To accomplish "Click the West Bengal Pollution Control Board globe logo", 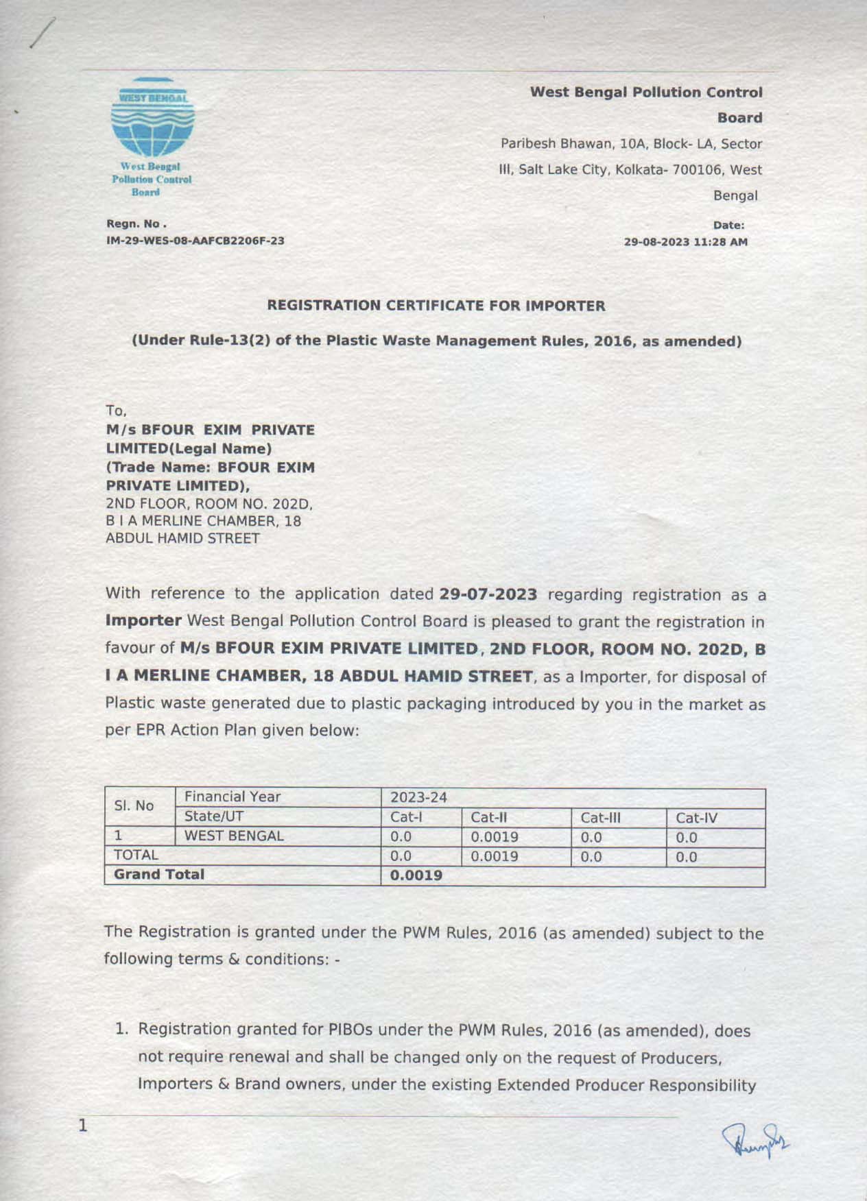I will (152, 118).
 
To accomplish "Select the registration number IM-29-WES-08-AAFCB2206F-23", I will (195, 241).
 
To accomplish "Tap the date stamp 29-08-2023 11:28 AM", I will (685, 242).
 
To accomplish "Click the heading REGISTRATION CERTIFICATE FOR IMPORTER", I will (436, 306).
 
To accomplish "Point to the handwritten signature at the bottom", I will (755, 1141).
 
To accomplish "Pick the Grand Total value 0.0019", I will (416, 875).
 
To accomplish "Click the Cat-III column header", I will (600, 818).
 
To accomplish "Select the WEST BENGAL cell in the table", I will (234, 836).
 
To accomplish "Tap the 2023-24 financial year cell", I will (418, 797).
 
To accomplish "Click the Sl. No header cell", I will (134, 806).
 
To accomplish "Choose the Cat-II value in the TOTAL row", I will (494, 856).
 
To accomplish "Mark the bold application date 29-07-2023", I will (488, 594).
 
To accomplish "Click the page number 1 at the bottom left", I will (83, 1126).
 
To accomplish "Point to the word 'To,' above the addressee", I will (116, 411).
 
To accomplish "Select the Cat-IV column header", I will (696, 818).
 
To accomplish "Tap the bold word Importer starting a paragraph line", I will (143, 621).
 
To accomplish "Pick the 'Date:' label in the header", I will (728, 226).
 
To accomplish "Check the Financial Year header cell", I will (233, 797).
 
